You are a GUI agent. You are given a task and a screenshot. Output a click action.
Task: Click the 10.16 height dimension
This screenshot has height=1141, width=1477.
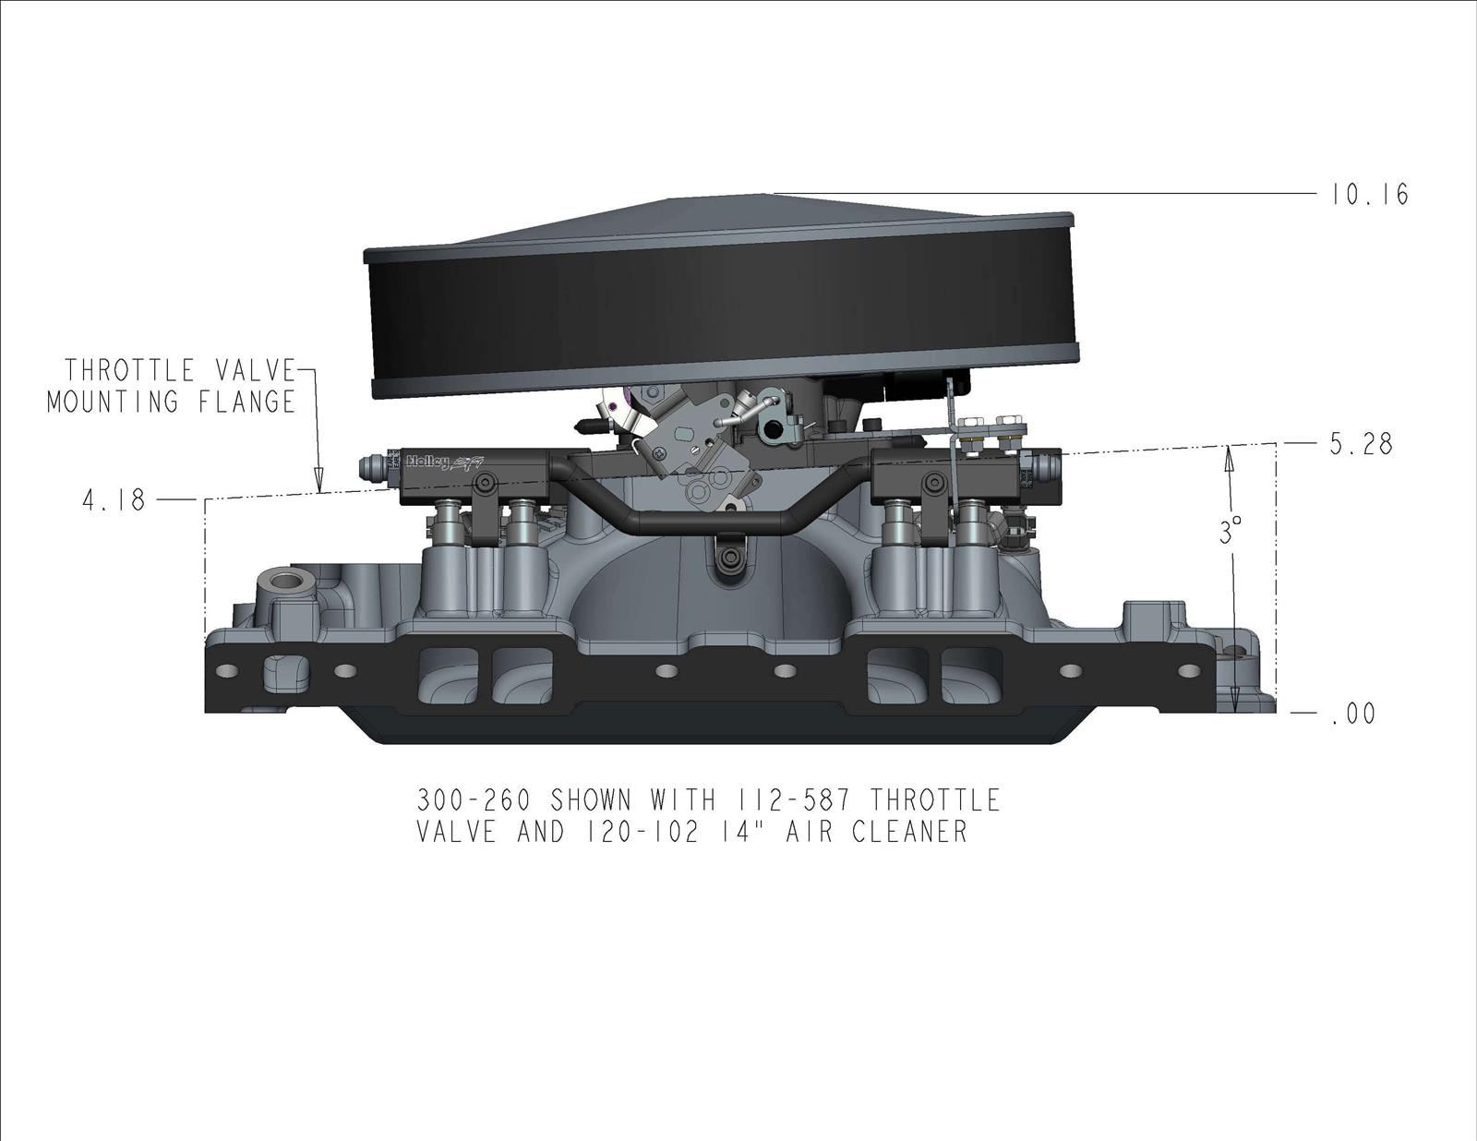1370,195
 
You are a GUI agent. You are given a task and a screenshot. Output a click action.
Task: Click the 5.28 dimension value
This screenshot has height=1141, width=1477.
1361,445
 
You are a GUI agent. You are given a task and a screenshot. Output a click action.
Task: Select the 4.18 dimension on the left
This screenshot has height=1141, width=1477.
114,500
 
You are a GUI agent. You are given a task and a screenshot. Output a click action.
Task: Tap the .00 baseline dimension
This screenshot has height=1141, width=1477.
1354,714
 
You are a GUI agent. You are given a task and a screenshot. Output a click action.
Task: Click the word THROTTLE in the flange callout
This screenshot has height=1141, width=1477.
129,371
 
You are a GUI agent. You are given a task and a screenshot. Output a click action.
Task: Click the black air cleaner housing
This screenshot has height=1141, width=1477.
720,314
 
